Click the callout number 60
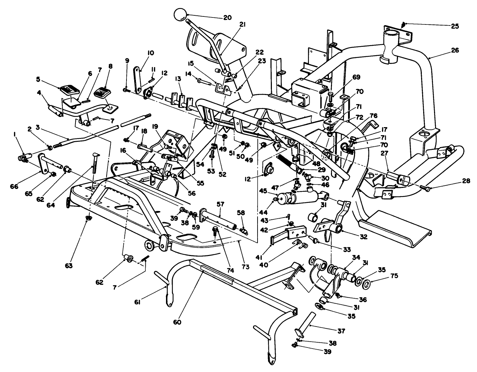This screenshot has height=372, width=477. (177, 322)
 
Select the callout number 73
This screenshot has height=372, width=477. (245, 267)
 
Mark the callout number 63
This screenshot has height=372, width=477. (68, 266)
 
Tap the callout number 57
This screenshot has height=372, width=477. (220, 204)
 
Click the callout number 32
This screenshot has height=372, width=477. (364, 236)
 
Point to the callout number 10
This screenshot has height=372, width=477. (151, 53)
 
